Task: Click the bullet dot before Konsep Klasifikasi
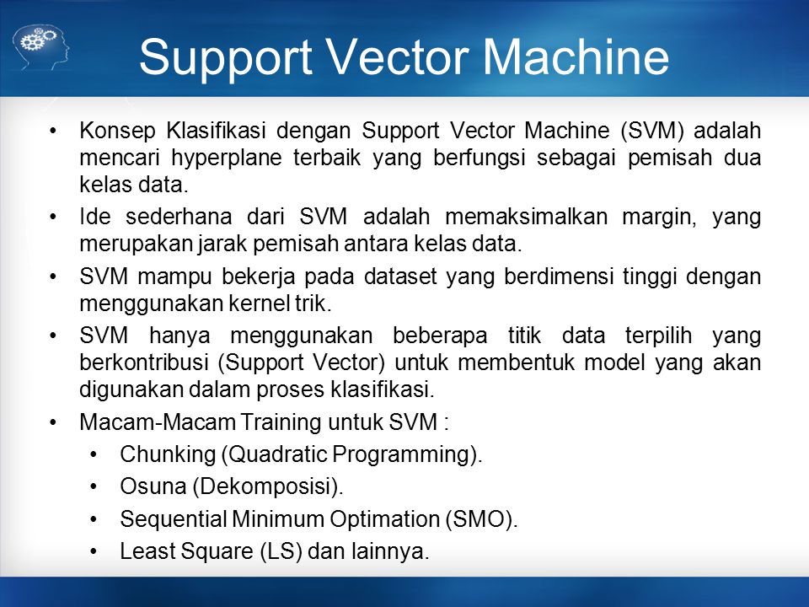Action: point(53,131)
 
